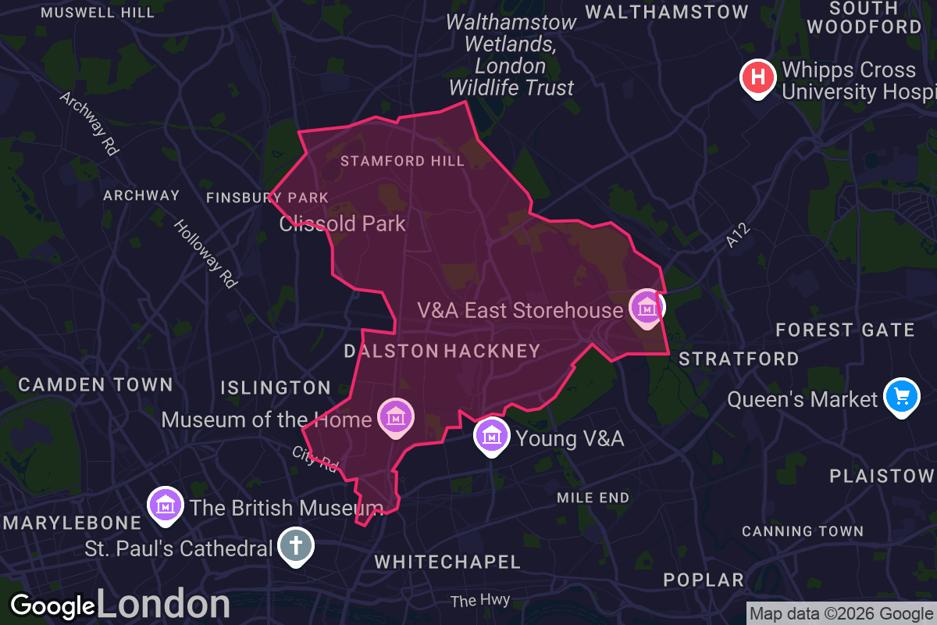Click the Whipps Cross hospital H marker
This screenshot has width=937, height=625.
[757, 77]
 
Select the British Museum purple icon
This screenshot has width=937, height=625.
[166, 505]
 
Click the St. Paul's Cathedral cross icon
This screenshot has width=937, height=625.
[296, 545]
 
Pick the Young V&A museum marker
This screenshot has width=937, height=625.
[491, 435]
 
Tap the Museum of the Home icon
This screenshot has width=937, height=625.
[395, 416]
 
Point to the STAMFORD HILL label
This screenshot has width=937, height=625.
[402, 162]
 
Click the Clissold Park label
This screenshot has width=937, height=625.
[343, 224]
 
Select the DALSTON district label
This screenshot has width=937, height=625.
[391, 352]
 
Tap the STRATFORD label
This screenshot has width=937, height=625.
[739, 359]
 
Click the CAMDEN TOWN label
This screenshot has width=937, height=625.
[95, 384]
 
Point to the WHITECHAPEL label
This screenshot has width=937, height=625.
[447, 562]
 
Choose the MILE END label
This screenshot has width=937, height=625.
[593, 498]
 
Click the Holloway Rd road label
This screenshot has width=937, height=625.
[205, 254]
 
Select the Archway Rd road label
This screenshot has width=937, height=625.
[88, 123]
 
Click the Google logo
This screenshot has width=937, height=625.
[52, 606]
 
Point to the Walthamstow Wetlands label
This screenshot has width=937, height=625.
[511, 55]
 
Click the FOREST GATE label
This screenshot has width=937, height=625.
[845, 330]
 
